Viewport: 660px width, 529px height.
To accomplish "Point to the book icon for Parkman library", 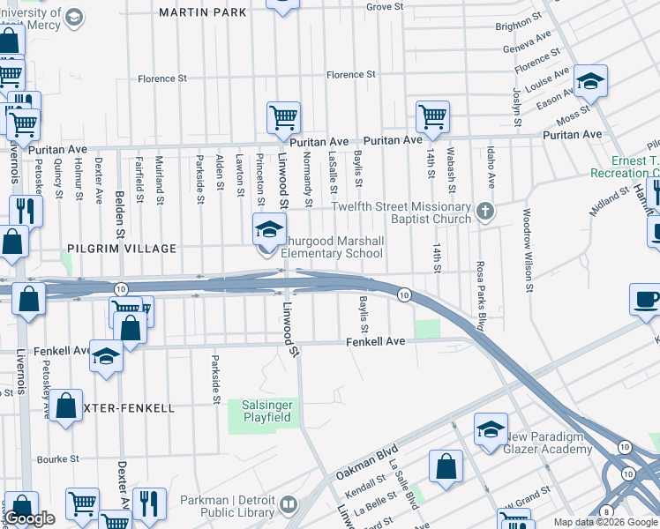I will (289, 505).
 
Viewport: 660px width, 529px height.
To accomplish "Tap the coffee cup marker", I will (646, 300).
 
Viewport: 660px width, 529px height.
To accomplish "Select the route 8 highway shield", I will (606, 511).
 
